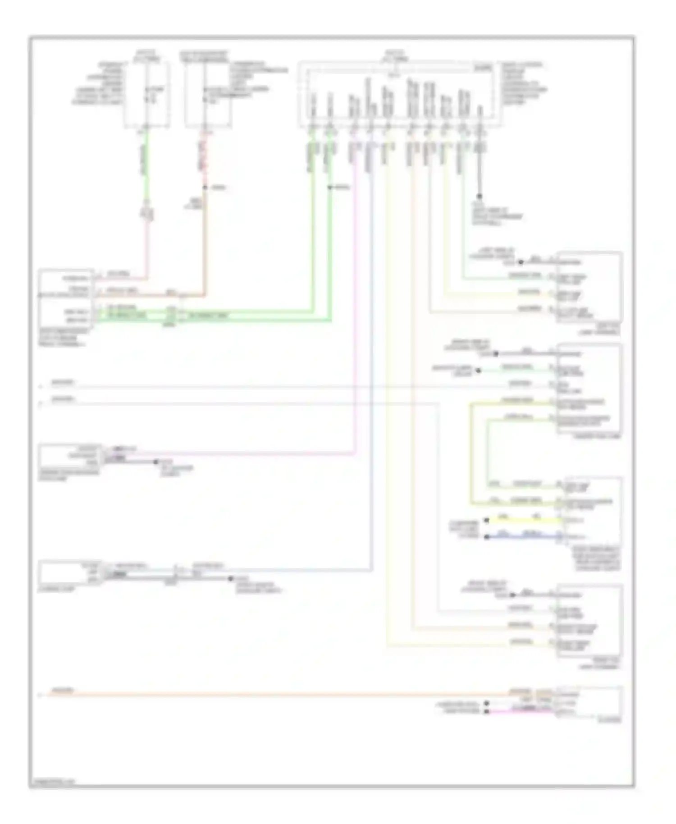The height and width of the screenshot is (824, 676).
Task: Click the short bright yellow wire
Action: [x=523, y=520]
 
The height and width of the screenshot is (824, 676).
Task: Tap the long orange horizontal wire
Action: [x=270, y=695]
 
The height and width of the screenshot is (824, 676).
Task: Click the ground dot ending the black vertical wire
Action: [x=479, y=197]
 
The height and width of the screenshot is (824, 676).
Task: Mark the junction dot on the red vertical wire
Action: [x=205, y=187]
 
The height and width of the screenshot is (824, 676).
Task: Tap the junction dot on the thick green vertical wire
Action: [x=330, y=187]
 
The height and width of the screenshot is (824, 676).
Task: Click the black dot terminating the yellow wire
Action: [x=486, y=520]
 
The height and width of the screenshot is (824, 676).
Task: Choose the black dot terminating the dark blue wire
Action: [x=486, y=537]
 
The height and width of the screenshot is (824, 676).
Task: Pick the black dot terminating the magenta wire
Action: [x=486, y=711]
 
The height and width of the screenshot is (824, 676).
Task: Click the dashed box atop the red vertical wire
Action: [x=207, y=95]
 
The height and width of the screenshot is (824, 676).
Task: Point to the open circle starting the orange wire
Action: [x=40, y=695]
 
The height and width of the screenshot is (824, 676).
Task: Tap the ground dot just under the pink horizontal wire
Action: [x=156, y=462]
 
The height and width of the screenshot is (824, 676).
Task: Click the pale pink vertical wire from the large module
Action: [x=355, y=293]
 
